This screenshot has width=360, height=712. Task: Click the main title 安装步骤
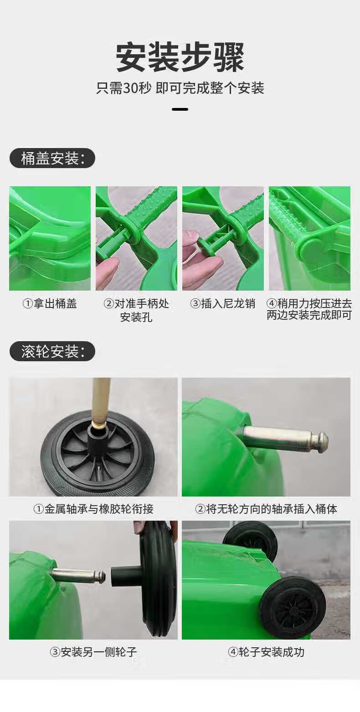coord(180,57)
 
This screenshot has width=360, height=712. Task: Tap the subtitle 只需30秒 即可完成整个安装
coord(180,88)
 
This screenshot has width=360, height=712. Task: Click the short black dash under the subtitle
coord(180,109)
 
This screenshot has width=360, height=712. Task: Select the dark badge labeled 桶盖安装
coord(52,158)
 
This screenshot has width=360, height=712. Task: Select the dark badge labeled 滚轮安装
coord(52,351)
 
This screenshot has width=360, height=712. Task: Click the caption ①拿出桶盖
coord(50,303)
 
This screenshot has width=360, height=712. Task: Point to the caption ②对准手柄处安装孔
coord(136,310)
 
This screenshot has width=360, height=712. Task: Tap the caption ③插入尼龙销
coord(223,303)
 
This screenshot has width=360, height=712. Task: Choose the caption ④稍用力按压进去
coord(309,303)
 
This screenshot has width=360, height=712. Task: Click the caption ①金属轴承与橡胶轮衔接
coord(93,509)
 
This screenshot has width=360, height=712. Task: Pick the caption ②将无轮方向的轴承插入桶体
coord(266,509)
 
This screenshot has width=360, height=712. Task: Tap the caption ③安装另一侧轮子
coord(93,652)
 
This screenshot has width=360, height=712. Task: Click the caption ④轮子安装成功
coord(266,652)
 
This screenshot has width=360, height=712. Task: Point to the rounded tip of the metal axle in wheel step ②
coord(322,441)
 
